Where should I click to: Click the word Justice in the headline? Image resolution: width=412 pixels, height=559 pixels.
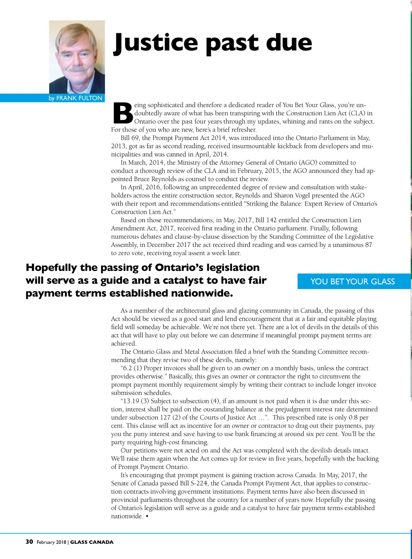coord(156,43)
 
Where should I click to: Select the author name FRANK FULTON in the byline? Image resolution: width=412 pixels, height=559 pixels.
coord(79,98)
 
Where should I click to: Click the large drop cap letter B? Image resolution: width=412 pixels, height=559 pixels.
coord(123,113)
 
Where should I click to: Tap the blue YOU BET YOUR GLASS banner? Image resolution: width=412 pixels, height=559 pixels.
coord(353,282)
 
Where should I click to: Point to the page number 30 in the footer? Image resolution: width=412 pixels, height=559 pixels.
coord(29,542)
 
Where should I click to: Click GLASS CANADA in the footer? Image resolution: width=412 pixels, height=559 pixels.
coord(92,542)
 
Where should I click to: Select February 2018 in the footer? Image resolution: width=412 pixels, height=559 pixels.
coord(51,542)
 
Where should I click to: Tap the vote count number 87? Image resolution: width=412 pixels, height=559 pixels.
coord(368,245)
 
